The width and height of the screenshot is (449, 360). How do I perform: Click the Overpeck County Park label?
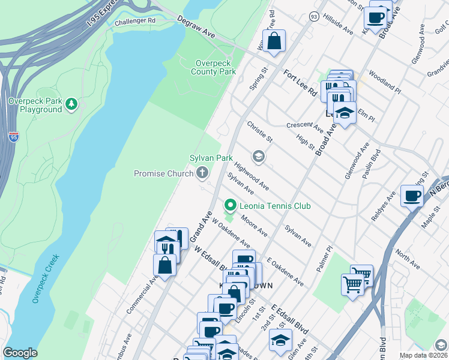pos(213,67)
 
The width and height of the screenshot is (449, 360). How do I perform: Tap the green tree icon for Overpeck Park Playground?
pos(71,104)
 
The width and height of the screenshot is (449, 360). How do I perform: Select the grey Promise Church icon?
pos(203,173)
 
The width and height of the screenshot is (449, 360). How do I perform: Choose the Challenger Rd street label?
pos(134,21)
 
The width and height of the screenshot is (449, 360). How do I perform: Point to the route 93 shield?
pos(314,17)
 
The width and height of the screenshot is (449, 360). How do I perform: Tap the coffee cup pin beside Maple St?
pos(412,196)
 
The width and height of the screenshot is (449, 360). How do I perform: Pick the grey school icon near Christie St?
pos(259,157)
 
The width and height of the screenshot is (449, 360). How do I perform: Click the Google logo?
pos(20,352)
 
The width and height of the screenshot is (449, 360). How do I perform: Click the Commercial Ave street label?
pos(138,294)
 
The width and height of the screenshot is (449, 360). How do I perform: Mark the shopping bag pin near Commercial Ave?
pos(164,264)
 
